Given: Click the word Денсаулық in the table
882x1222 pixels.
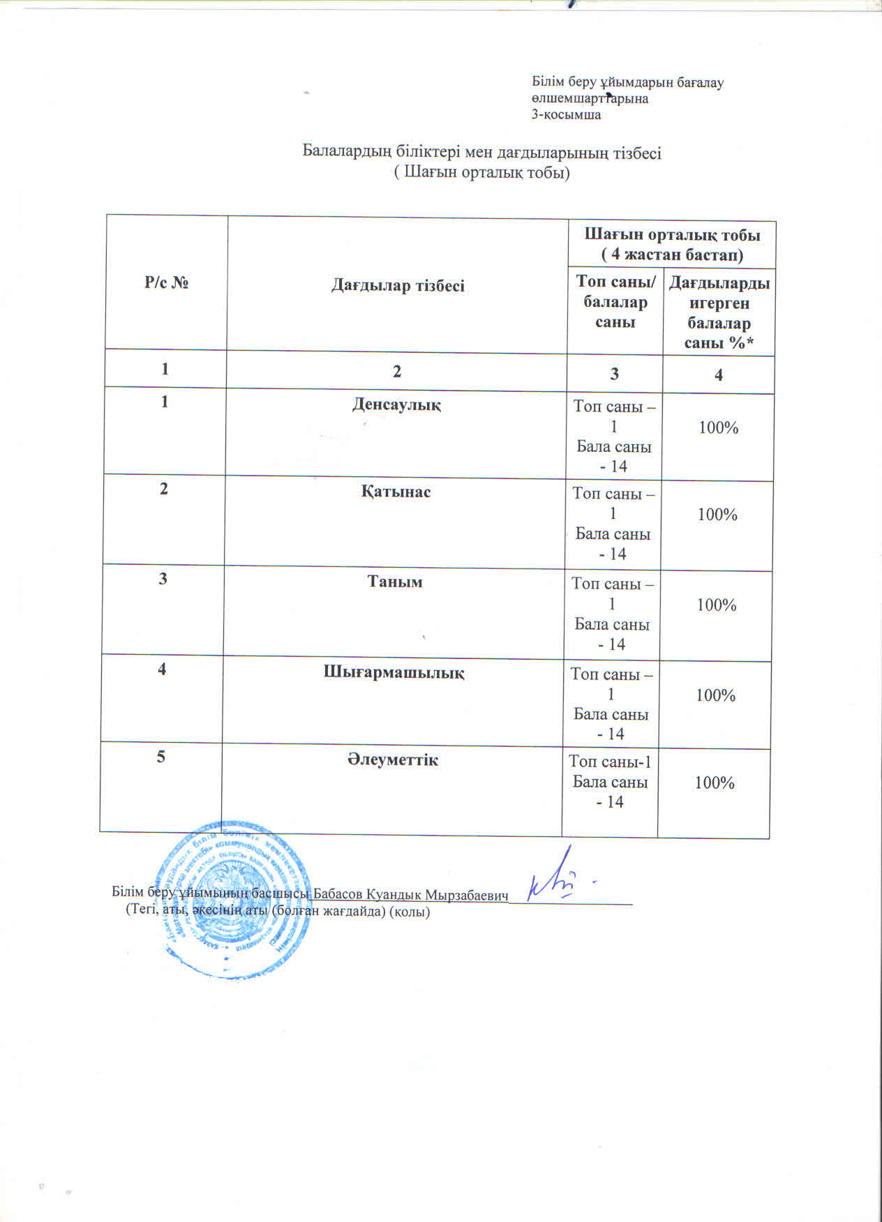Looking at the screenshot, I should [x=396, y=404].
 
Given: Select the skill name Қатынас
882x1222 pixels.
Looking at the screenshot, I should [x=396, y=491].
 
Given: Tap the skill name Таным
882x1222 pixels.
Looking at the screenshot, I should [x=395, y=581].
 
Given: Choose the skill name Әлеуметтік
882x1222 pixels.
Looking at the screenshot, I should [x=393, y=760].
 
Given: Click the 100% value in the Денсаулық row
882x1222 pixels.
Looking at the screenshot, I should [x=718, y=428].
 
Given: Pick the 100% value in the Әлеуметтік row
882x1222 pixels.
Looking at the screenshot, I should [x=715, y=783].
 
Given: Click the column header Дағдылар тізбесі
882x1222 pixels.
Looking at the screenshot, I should [x=398, y=285].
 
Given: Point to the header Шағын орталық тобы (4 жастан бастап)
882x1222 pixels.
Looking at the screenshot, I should [x=671, y=244].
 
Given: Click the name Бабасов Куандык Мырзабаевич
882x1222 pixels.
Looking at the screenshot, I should [x=410, y=894].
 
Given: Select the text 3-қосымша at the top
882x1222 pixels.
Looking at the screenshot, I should [x=566, y=115].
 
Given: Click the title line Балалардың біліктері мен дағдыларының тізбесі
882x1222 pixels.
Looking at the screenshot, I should [x=481, y=152].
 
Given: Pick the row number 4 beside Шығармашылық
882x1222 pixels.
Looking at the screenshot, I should [x=162, y=669].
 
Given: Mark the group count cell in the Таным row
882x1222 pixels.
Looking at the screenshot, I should [x=612, y=613].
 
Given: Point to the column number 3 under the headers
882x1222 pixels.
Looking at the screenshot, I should [x=614, y=373].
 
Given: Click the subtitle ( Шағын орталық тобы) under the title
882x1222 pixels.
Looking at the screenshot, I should [x=481, y=172].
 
